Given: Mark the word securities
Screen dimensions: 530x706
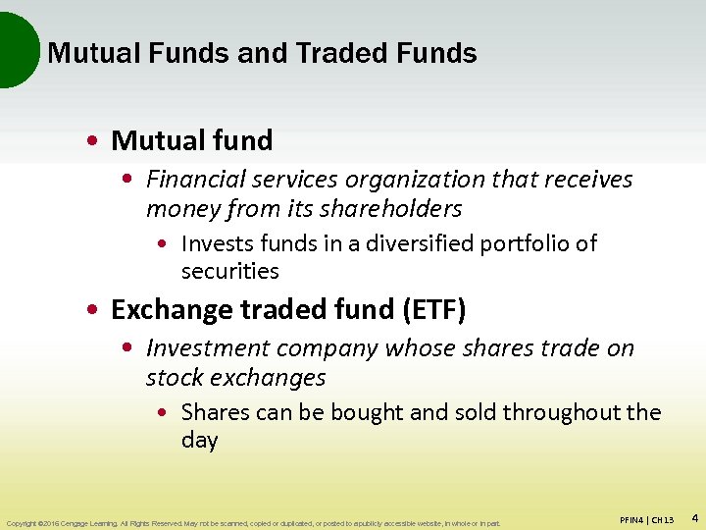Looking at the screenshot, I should click(x=230, y=272).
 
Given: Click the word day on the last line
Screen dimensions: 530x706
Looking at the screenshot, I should click(x=199, y=441).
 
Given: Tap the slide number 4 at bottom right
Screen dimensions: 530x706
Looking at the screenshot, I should click(x=694, y=517).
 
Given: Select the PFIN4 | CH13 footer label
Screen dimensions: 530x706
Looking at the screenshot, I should click(x=647, y=519).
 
